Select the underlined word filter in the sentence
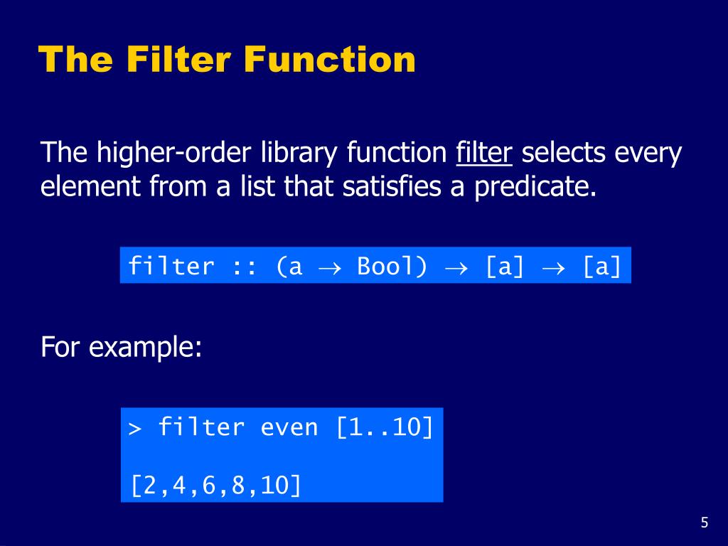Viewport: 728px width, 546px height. coord(484,153)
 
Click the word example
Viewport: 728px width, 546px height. coord(145,348)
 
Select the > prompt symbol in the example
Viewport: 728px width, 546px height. coord(135,429)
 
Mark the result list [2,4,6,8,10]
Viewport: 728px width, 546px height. coord(215,486)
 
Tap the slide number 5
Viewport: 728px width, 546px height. coord(704,523)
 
